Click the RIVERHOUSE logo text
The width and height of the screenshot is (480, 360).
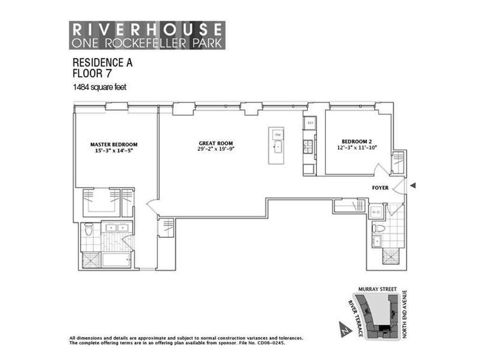[x=147, y=29]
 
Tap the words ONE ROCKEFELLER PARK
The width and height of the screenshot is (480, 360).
[x=147, y=43]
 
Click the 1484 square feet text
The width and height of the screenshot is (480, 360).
[x=99, y=87]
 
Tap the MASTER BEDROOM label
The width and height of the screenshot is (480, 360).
[x=114, y=144]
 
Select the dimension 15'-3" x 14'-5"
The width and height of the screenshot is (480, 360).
[x=114, y=151]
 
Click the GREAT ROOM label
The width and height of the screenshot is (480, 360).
[x=216, y=143]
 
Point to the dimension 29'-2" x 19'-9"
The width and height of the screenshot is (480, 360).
[x=216, y=150]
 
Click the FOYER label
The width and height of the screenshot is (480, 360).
[x=380, y=187]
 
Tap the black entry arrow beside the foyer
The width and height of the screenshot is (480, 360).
[x=412, y=186]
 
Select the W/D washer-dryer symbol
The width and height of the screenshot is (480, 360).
[x=376, y=212]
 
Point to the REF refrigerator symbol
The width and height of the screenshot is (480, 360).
[x=309, y=123]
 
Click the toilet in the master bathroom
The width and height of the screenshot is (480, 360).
[x=89, y=230]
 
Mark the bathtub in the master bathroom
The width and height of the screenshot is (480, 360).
[x=116, y=260]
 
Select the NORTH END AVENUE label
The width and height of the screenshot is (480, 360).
[x=405, y=314]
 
